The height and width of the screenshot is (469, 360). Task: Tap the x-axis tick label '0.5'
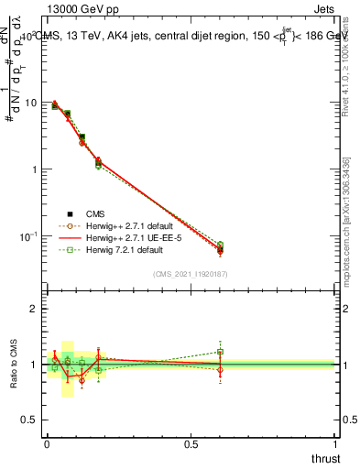191,443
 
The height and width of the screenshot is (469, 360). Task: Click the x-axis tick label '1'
336,443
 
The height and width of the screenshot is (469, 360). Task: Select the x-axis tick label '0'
47,443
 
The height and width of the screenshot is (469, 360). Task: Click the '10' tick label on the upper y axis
29,103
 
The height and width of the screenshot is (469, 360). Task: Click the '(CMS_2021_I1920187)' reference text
191,273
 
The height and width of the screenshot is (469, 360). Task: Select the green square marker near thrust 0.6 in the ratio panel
220,352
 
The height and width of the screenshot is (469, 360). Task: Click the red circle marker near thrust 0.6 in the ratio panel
220,370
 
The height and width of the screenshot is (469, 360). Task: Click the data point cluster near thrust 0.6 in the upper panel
220,248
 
